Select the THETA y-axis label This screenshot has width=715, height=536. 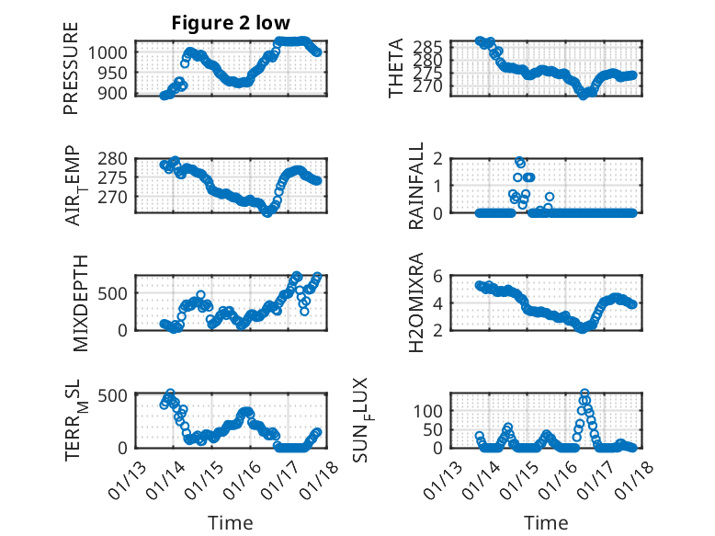[x=395, y=68]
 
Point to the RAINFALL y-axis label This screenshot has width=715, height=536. [x=416, y=186]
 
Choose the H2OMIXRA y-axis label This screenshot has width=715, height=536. [x=416, y=302]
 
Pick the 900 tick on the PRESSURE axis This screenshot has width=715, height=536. [x=116, y=93]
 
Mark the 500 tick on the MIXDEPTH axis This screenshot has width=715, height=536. [x=116, y=293]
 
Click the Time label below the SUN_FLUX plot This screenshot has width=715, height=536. [x=546, y=522]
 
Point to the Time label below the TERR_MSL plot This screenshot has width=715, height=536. [x=230, y=522]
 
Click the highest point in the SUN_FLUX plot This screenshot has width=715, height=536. [x=584, y=393]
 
